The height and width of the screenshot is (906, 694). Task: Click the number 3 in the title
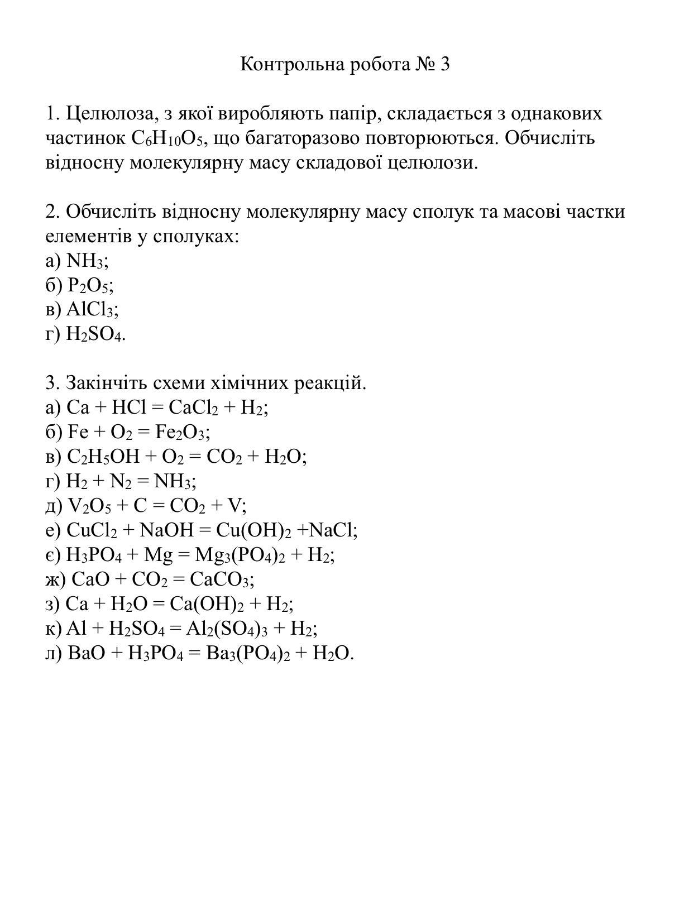tap(444, 65)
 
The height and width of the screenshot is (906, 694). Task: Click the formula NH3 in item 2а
tap(85, 261)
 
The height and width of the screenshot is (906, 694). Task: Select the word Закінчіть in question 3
tap(103, 384)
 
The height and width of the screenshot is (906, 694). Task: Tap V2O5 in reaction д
tap(89, 506)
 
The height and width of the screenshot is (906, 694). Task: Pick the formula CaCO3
tap(219, 579)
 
